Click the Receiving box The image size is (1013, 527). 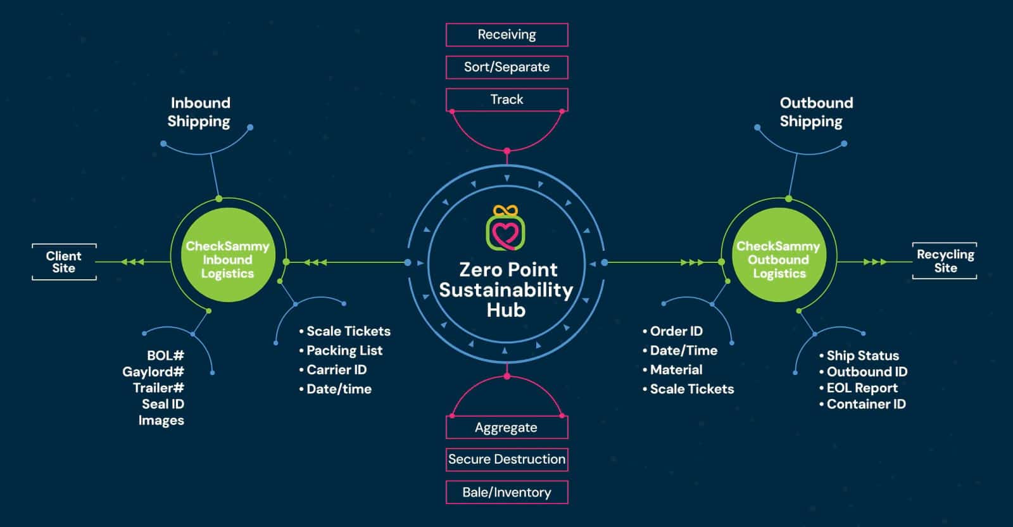tap(507, 35)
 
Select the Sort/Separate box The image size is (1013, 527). tap(507, 67)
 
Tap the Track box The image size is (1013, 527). tap(507, 99)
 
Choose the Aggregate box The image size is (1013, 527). tap(507, 428)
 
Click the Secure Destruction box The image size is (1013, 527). tap(507, 459)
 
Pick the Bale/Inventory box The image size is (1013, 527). tap(507, 492)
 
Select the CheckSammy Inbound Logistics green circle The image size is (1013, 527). tap(227, 260)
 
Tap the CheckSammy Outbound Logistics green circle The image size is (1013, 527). tap(778, 260)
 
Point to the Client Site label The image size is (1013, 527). tap(64, 262)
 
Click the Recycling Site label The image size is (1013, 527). tap(945, 261)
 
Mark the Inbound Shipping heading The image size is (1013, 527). tap(199, 112)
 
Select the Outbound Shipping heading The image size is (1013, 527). tap(815, 112)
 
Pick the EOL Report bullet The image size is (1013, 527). tap(862, 388)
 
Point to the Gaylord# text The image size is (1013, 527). tap(153, 372)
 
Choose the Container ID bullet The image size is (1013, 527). tap(865, 404)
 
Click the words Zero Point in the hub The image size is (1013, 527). tap(508, 270)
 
